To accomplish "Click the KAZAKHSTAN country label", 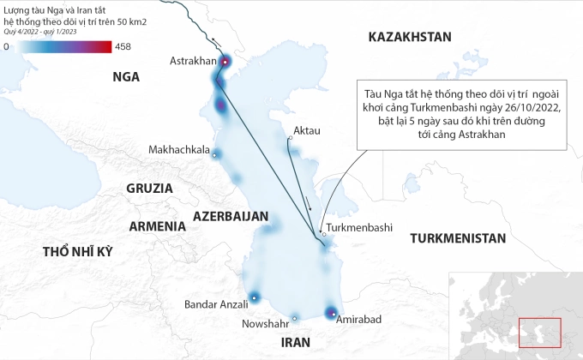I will tap(409, 37).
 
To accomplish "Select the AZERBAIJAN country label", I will tap(231, 216).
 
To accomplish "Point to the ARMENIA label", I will tap(157, 226).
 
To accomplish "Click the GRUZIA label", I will tap(149, 188).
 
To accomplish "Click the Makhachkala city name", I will tap(179, 150).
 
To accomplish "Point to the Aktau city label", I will tap(306, 131).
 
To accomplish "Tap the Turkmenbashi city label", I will tap(358, 228).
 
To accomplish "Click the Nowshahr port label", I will tap(267, 325).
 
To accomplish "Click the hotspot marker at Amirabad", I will tap(333, 314).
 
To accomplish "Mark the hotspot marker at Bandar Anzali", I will tap(255, 298).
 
